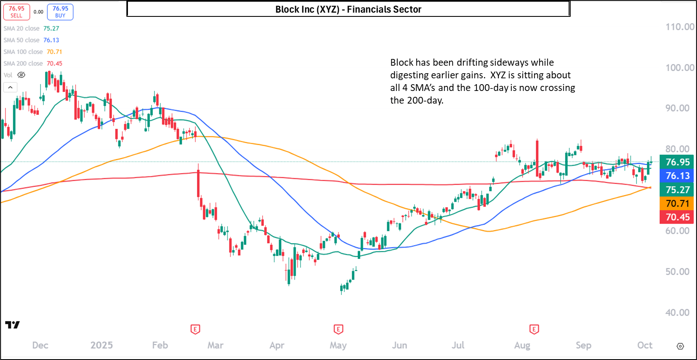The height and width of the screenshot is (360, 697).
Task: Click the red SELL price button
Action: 16,12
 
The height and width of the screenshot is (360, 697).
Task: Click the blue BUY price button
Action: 60,12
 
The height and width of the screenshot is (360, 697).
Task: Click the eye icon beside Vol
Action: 21,75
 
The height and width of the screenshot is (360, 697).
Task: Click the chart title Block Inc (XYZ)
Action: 348,9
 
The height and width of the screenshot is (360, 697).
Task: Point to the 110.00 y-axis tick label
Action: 679,27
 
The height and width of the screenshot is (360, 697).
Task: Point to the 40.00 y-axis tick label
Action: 677,312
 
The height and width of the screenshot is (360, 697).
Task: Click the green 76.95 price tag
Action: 677,162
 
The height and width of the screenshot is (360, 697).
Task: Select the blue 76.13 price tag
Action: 677,176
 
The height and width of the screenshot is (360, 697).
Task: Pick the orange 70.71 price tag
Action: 677,203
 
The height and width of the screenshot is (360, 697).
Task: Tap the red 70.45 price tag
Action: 677,217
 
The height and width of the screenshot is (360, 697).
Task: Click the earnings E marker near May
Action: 338,329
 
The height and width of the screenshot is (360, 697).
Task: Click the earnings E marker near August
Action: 534,329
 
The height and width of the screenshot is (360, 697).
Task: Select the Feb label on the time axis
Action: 160,345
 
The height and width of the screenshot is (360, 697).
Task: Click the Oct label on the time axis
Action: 644,345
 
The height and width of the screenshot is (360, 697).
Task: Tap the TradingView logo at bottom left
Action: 12,325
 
